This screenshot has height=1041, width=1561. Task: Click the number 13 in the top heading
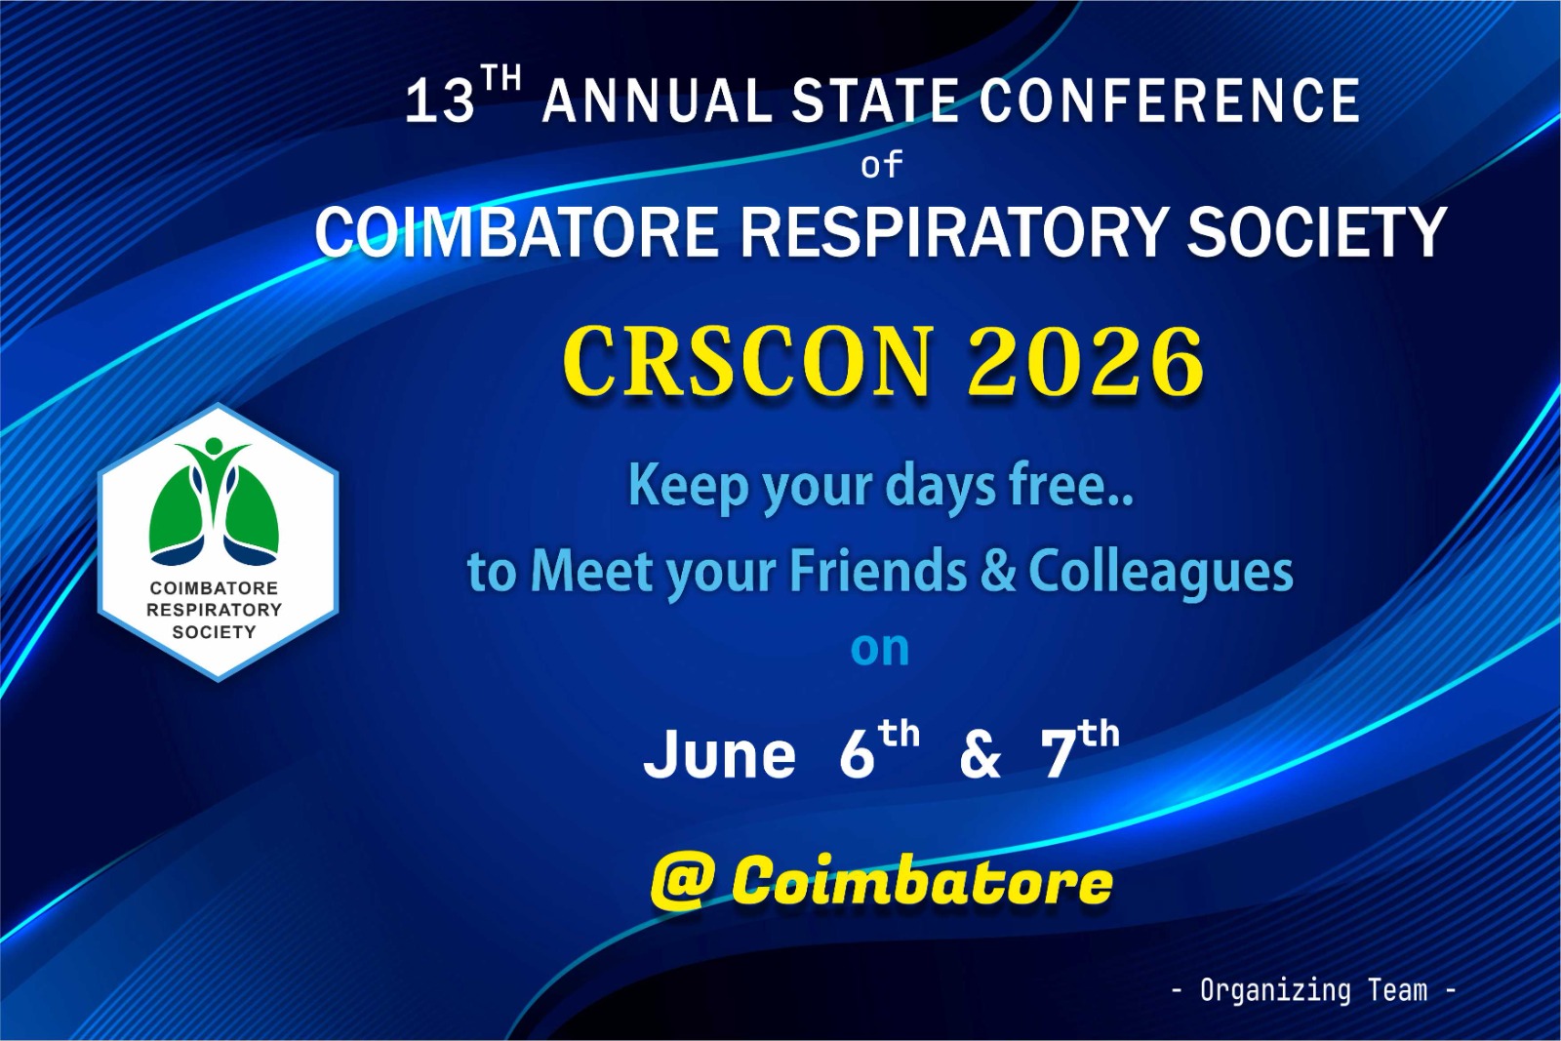click(x=440, y=101)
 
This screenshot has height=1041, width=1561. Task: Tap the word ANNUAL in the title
click(x=657, y=101)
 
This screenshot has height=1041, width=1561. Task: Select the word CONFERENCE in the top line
click(x=1169, y=101)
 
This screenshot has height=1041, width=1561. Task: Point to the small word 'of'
click(x=881, y=165)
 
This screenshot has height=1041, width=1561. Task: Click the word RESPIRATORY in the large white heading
click(x=954, y=233)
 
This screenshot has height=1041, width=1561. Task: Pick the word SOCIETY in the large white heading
click(x=1316, y=233)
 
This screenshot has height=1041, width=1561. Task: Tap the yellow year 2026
click(x=1086, y=362)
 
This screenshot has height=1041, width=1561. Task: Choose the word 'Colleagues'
click(x=1161, y=573)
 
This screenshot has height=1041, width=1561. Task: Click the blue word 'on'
click(x=880, y=650)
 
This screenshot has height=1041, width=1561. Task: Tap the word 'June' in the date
click(x=719, y=755)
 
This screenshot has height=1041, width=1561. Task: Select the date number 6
click(x=857, y=754)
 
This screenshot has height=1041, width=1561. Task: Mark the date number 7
click(x=1058, y=754)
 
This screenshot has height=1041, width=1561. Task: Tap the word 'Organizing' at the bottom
click(x=1275, y=990)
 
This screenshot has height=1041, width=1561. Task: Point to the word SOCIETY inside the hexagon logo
click(x=214, y=632)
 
